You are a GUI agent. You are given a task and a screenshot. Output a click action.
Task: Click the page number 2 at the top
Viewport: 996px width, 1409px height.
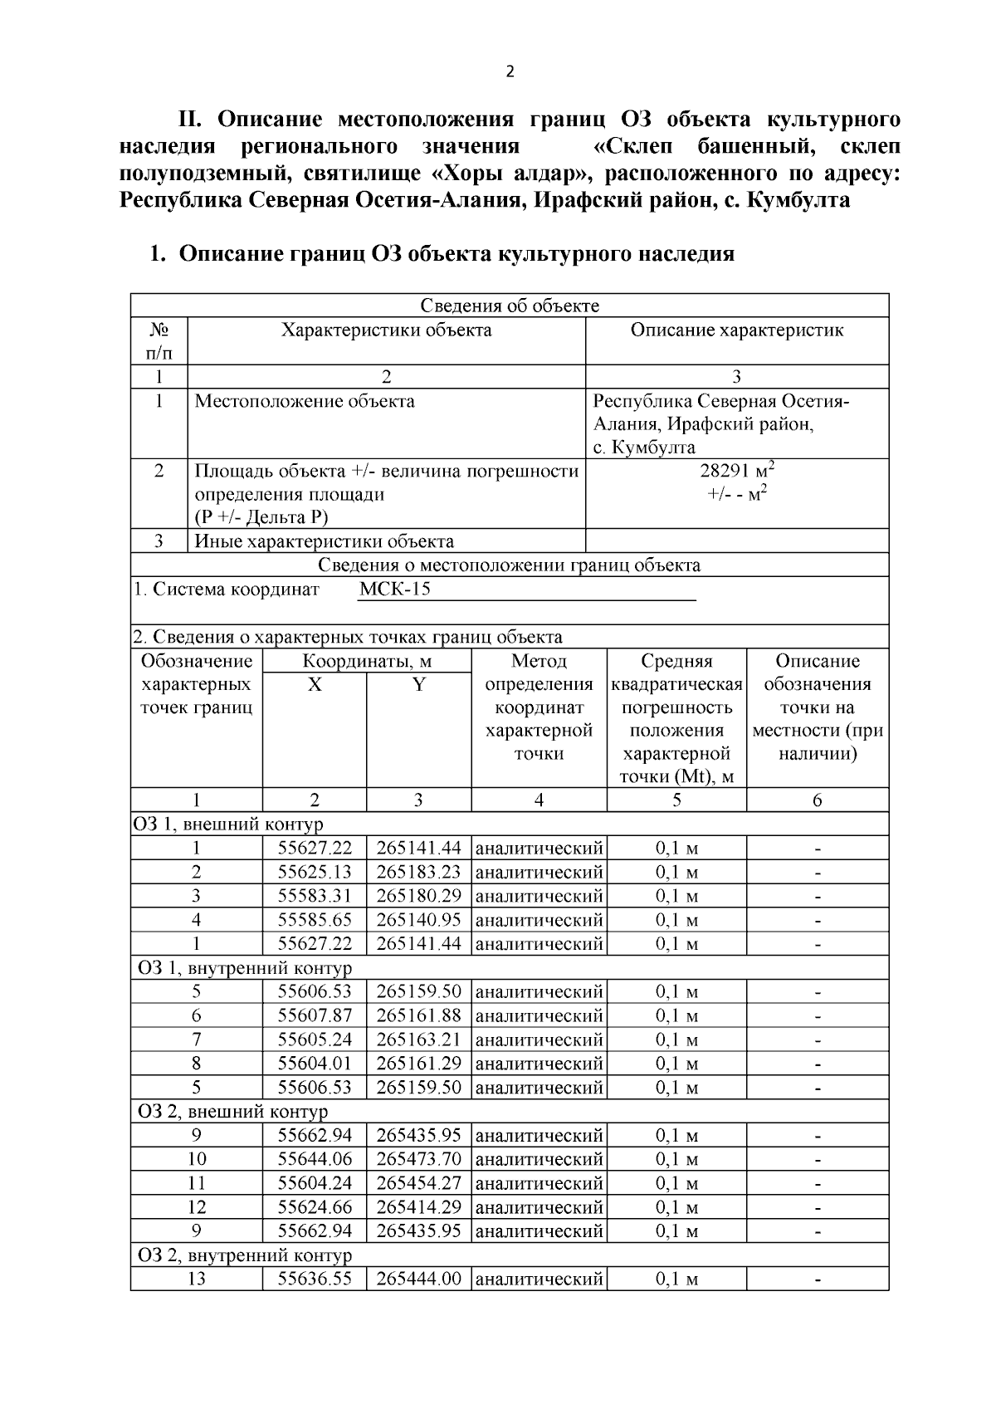pos(510,71)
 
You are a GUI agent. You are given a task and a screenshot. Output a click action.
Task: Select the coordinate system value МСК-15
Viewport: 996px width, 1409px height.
pos(394,590)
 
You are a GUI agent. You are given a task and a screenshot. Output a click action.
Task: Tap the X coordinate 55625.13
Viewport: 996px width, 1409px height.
pos(314,872)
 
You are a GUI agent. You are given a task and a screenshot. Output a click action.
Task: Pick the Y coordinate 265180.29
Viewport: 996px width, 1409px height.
pos(418,896)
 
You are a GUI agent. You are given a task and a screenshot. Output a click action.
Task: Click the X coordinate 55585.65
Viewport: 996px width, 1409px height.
pos(314,920)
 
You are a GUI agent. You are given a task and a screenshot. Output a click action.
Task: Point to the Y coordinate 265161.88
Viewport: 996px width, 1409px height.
pos(418,1015)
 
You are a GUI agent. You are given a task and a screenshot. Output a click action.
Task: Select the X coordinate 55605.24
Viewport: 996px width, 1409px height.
pos(314,1040)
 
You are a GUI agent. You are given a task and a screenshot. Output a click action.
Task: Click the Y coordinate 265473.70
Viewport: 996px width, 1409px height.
pos(418,1159)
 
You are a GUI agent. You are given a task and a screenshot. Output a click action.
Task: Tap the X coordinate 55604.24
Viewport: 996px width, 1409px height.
pos(314,1183)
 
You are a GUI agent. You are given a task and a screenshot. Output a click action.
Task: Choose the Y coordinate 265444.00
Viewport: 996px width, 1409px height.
pos(418,1279)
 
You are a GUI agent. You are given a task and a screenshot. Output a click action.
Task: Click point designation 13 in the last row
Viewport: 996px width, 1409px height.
pos(196,1279)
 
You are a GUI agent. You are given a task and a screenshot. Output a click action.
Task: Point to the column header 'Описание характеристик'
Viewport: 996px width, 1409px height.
pos(736,330)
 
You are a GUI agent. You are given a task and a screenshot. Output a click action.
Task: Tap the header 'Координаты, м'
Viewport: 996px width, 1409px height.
pos(366,662)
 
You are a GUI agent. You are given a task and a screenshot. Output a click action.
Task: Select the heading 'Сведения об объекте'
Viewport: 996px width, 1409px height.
pos(509,306)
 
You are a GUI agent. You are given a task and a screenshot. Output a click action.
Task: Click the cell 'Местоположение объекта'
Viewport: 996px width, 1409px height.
pos(305,402)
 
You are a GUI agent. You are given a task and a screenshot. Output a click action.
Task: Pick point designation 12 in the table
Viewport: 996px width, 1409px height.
pos(196,1206)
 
